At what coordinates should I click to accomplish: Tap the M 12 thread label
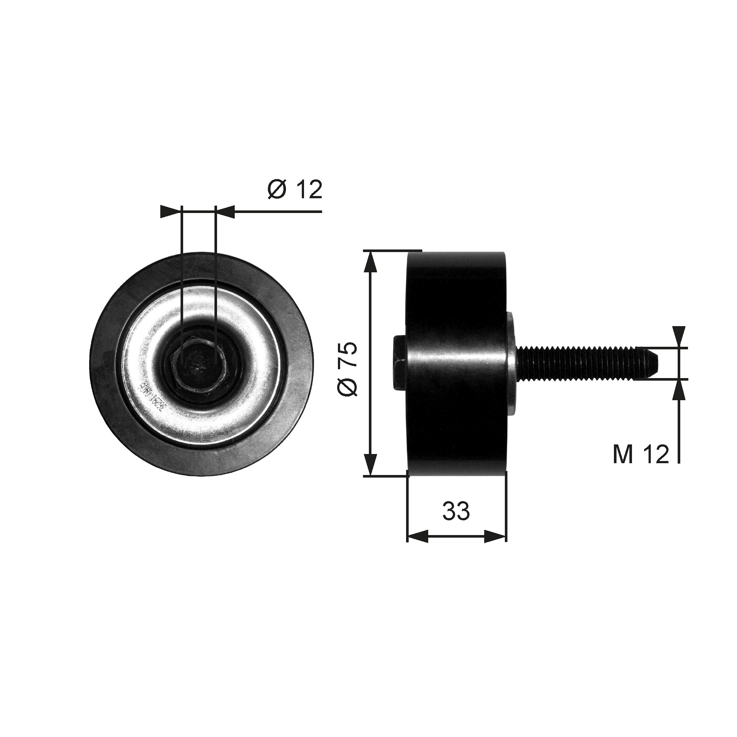tap(640, 454)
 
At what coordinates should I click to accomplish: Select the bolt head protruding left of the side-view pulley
tap(400, 363)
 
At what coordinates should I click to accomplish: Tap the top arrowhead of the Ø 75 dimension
tap(370, 261)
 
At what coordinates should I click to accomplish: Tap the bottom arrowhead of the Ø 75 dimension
tap(370, 465)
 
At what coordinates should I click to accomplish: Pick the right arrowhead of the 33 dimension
tap(496, 536)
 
